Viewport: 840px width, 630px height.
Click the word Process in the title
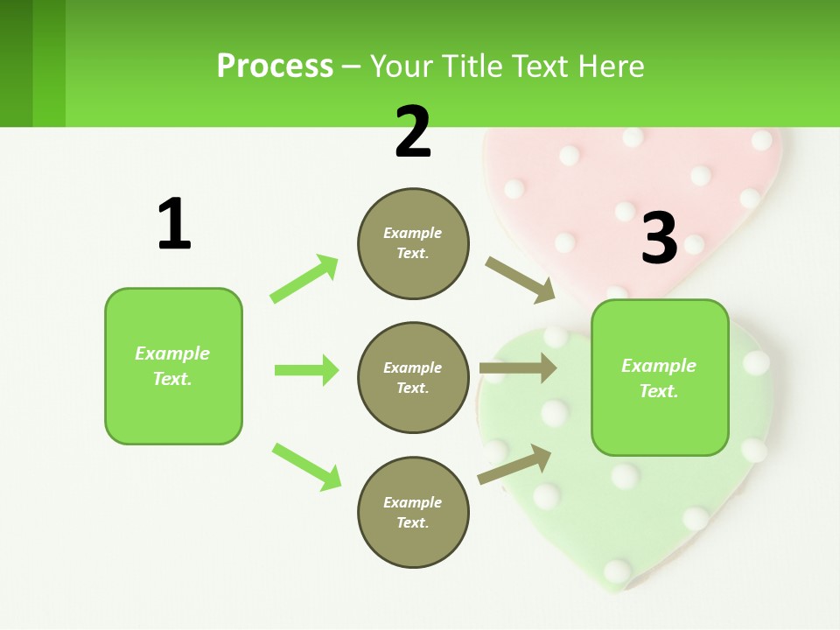275,66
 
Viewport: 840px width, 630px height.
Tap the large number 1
174,224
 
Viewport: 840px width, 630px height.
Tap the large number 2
413,132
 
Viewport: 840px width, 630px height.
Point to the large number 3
659,238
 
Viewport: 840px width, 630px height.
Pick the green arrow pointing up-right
304,278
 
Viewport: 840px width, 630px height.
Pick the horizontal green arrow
306,370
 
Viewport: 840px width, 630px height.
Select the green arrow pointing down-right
306,466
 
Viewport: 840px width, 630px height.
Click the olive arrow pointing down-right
520,280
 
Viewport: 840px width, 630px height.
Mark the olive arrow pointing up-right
514,465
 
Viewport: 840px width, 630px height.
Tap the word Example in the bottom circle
412,502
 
